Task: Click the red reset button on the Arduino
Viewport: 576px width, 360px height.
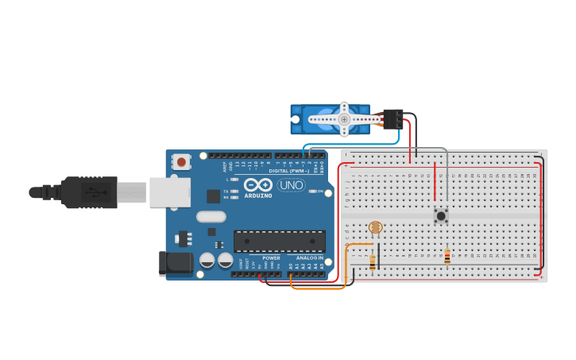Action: (182, 162)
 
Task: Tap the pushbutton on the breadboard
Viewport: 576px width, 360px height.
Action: (440, 215)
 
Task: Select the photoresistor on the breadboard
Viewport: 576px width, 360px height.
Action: (376, 228)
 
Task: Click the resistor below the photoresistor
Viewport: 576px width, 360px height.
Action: (373, 261)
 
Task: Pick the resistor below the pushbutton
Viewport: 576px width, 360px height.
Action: (446, 256)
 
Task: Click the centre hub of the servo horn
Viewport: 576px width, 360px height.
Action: (344, 119)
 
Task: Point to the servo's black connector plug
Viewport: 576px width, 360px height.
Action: (392, 118)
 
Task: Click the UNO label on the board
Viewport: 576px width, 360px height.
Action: (291, 185)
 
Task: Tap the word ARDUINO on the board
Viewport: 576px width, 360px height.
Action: (258, 195)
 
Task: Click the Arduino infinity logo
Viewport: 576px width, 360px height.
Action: (258, 184)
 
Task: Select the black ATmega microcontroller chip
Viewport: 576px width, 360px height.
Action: (279, 242)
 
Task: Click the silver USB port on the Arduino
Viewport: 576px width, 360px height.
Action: (170, 192)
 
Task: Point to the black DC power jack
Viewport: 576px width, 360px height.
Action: (174, 263)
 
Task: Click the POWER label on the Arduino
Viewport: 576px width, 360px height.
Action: (271, 257)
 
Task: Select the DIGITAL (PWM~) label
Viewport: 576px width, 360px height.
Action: (289, 170)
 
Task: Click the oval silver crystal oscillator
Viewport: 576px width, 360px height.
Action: (211, 217)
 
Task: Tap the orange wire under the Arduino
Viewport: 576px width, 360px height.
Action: (318, 288)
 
